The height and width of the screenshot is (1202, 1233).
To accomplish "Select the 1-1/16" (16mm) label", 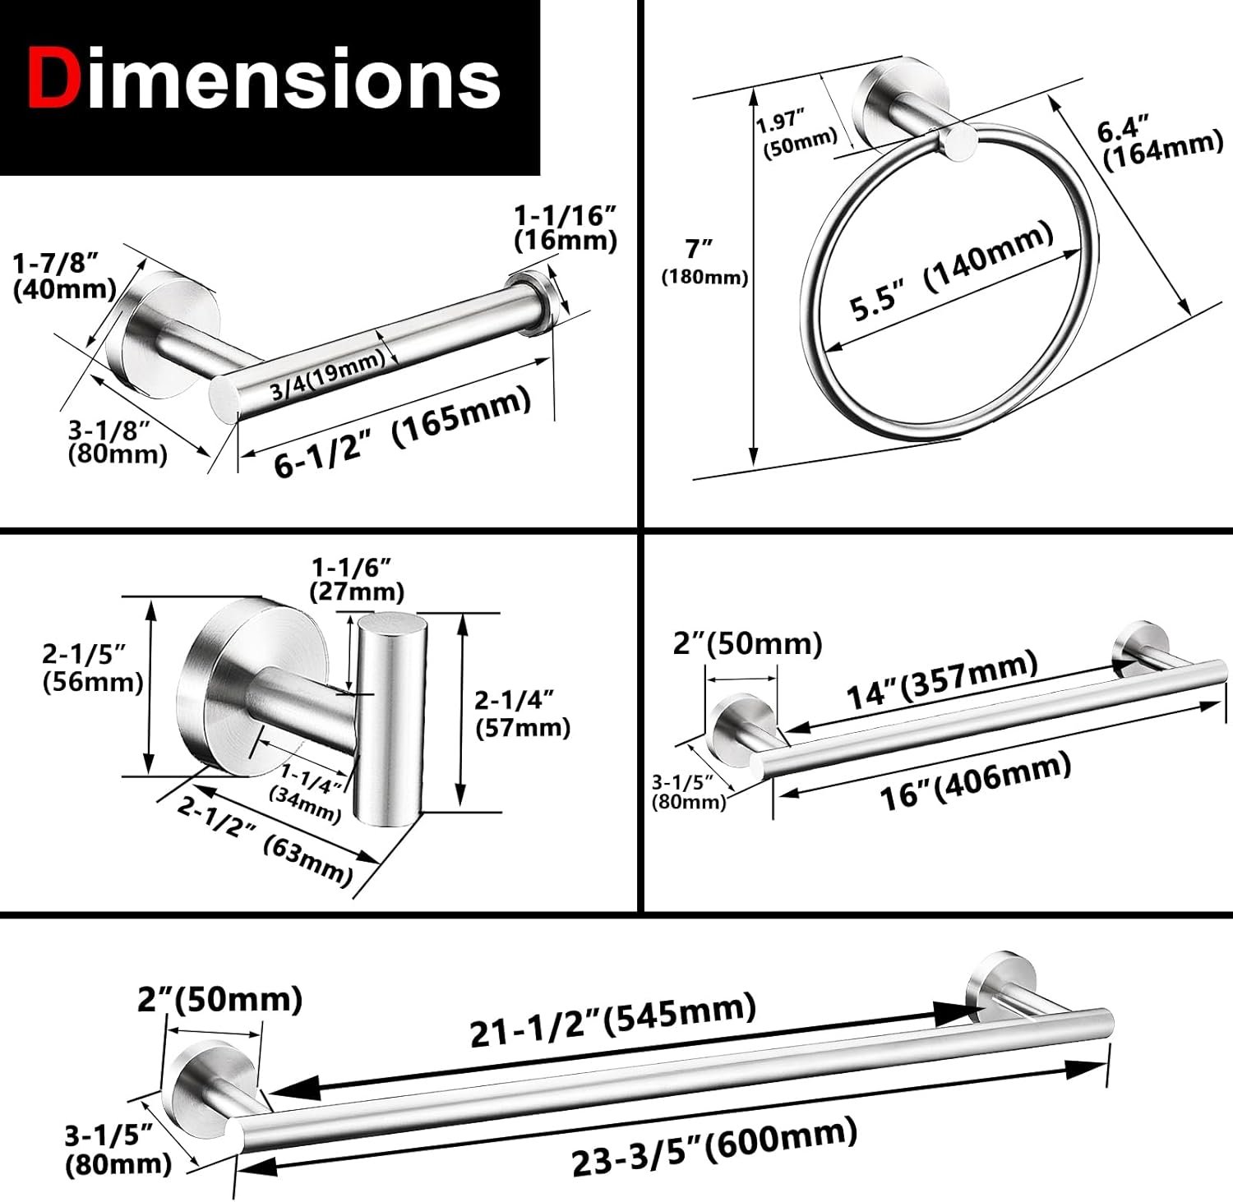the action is click(x=566, y=228).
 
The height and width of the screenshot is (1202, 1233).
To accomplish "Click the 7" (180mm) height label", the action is click(x=705, y=261).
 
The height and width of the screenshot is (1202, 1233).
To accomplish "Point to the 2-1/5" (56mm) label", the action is click(x=93, y=668).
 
